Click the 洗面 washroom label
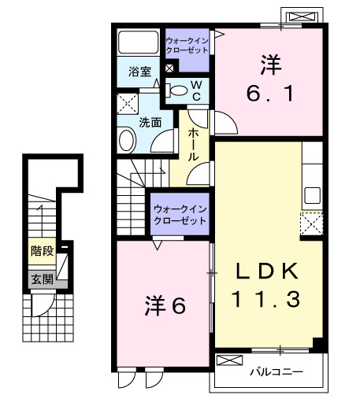pos(150,123)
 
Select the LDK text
pos(268,271)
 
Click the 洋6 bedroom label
pos(165,305)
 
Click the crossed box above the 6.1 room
pos(302,16)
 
